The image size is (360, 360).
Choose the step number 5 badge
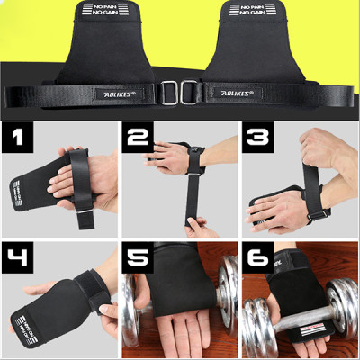tap(139, 256)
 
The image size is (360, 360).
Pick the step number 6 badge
tap(257, 256)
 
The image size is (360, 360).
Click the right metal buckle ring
tap(190, 92)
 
